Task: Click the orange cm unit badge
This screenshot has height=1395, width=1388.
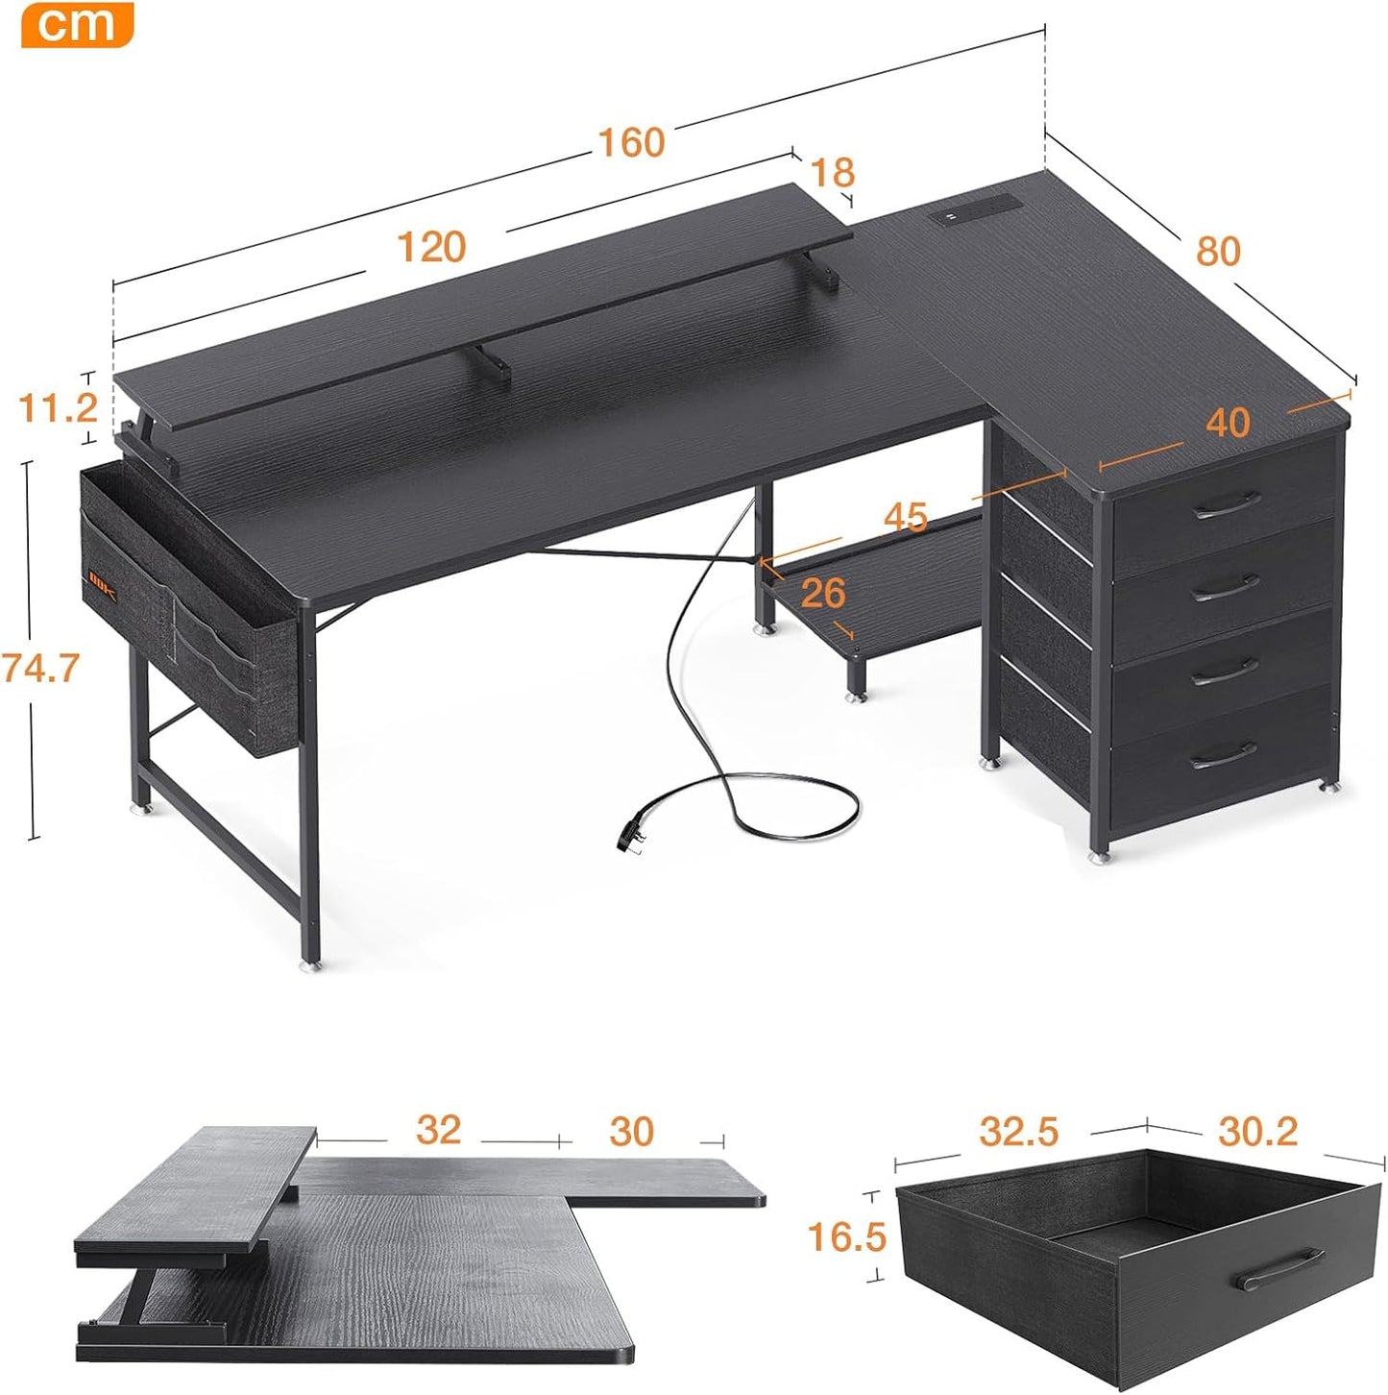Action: tap(77, 24)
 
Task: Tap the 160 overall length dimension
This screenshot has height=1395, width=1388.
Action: tap(631, 142)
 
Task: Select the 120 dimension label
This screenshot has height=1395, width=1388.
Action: tap(431, 247)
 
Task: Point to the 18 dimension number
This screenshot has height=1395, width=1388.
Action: tap(832, 173)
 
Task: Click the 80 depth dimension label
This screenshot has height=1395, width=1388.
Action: tap(1218, 251)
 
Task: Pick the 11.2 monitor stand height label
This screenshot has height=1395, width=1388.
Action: tap(58, 408)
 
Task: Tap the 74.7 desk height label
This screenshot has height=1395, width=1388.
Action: tap(39, 667)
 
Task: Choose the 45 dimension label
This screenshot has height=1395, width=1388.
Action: tap(905, 517)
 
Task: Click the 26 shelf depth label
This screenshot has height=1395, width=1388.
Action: tap(822, 593)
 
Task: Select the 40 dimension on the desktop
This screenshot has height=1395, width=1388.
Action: tap(1227, 423)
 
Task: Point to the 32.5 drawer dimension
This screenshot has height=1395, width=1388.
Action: tap(1018, 1132)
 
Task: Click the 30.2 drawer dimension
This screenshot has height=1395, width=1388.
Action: tap(1257, 1132)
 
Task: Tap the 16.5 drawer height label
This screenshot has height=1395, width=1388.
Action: tap(846, 1236)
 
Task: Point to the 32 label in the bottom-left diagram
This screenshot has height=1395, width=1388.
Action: tap(438, 1130)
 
